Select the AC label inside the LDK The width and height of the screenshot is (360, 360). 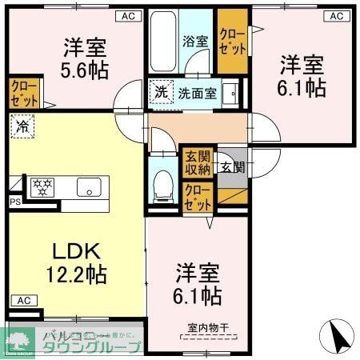pos(22,301)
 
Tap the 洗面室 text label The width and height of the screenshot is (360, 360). pos(197,92)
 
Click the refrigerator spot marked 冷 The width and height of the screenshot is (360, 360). pos(23,126)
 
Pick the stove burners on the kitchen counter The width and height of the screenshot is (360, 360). pos(42,187)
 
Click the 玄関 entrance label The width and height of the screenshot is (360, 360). pos(233,167)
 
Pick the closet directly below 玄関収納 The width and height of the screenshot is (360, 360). pos(197,195)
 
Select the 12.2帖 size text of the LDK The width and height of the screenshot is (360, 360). pos(76,274)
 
